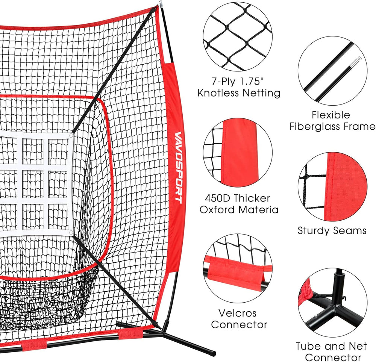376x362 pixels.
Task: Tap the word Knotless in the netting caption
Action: pos(218,93)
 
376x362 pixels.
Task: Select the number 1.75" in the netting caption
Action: pos(251,82)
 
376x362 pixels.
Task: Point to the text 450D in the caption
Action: pos(217,198)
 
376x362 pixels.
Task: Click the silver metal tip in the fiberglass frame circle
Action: pos(354,62)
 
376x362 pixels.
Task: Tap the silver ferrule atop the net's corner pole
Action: pos(161,4)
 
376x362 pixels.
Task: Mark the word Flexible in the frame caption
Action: pos(331,115)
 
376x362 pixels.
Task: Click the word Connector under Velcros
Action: pos(239,325)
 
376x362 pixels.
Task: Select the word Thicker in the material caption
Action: pos(252,198)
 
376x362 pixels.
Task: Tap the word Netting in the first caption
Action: pos(261,93)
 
